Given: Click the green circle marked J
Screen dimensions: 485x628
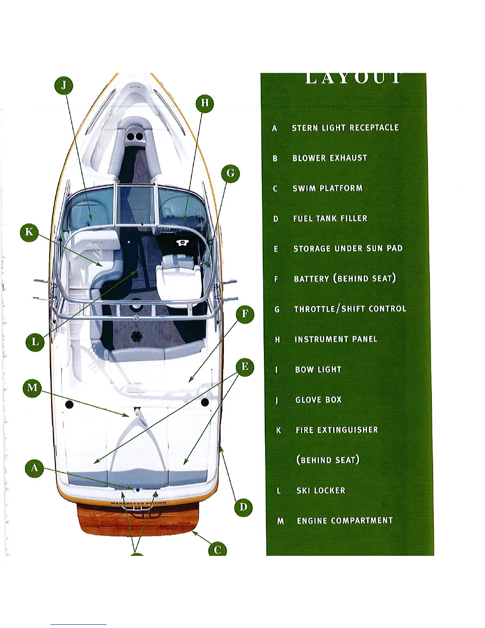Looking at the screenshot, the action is tap(64, 86).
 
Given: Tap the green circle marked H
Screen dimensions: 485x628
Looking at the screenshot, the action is tap(205, 103).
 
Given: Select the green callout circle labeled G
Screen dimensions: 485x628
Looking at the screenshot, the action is tap(230, 173).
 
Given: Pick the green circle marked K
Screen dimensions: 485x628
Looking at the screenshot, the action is tap(29, 232).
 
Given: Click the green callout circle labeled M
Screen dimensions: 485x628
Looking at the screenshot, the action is tap(32, 388).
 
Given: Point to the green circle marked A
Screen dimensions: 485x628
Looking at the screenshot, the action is tap(34, 468).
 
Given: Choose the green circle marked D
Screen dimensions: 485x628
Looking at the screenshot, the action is tap(243, 507).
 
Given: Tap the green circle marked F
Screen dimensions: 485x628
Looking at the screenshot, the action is tap(245, 314).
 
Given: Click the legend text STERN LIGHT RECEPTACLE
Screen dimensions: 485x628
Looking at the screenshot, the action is tap(345, 128).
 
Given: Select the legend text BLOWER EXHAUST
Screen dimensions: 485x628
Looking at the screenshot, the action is tap(330, 158).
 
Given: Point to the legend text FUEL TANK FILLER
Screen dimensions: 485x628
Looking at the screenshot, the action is tap(330, 218).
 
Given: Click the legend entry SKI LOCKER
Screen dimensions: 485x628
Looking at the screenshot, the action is tap(321, 490).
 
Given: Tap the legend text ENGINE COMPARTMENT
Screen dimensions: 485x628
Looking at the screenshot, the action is tap(345, 521).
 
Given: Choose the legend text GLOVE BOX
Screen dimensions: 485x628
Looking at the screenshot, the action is tap(318, 400).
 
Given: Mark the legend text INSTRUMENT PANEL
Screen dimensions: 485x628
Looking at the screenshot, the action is tap(336, 339).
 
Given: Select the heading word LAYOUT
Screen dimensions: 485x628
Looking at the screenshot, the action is tap(353, 78).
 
